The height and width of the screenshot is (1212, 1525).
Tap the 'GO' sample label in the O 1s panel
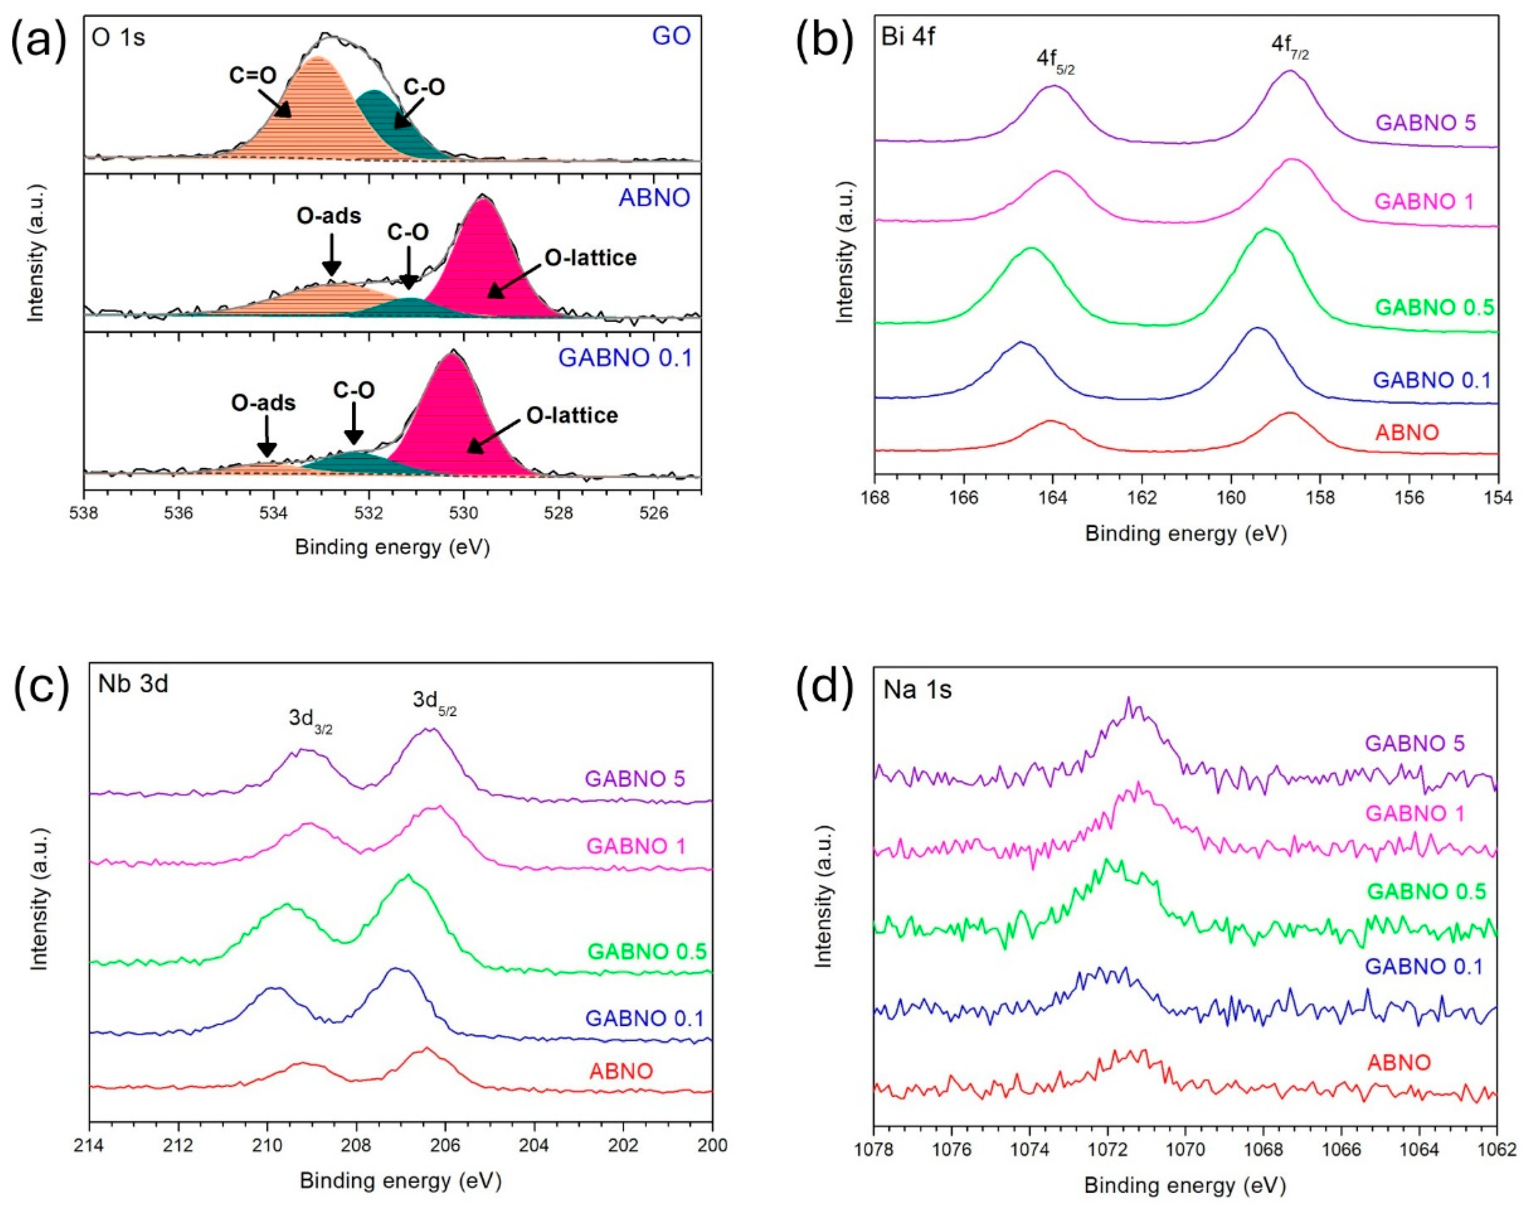tap(671, 35)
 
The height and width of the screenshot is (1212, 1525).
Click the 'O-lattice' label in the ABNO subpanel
tap(591, 258)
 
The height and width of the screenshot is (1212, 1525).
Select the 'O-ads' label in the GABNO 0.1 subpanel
tap(263, 403)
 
